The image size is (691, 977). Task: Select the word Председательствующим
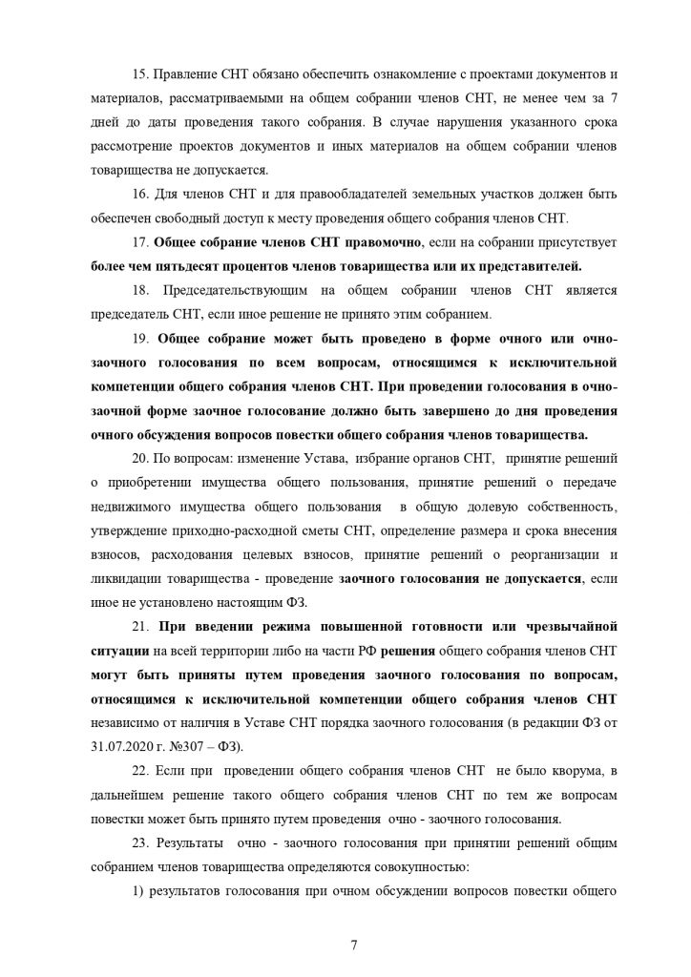pos(249,289)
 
